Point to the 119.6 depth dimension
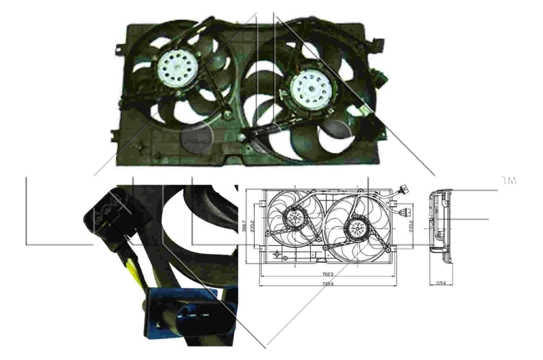click(x=440, y=284)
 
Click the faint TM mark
click(x=508, y=181)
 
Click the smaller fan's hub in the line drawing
click(x=294, y=217)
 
